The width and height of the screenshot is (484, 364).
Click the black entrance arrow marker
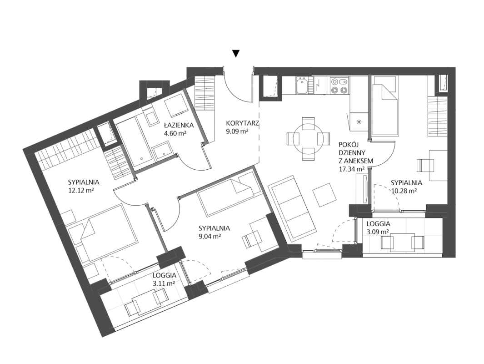point(236,54)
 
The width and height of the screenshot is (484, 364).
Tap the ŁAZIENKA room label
point(179,126)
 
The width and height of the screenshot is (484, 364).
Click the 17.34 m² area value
point(352,169)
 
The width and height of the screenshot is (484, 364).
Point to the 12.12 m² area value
point(81,190)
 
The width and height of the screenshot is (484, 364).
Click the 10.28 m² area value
point(404,191)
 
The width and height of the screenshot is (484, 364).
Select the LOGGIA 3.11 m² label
point(165,279)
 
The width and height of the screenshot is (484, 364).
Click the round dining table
point(309,139)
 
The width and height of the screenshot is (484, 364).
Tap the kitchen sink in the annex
point(302,85)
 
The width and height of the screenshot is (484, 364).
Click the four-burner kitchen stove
point(339,85)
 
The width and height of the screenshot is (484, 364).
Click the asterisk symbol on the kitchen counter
point(359,122)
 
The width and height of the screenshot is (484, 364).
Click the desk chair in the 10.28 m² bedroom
point(425,165)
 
